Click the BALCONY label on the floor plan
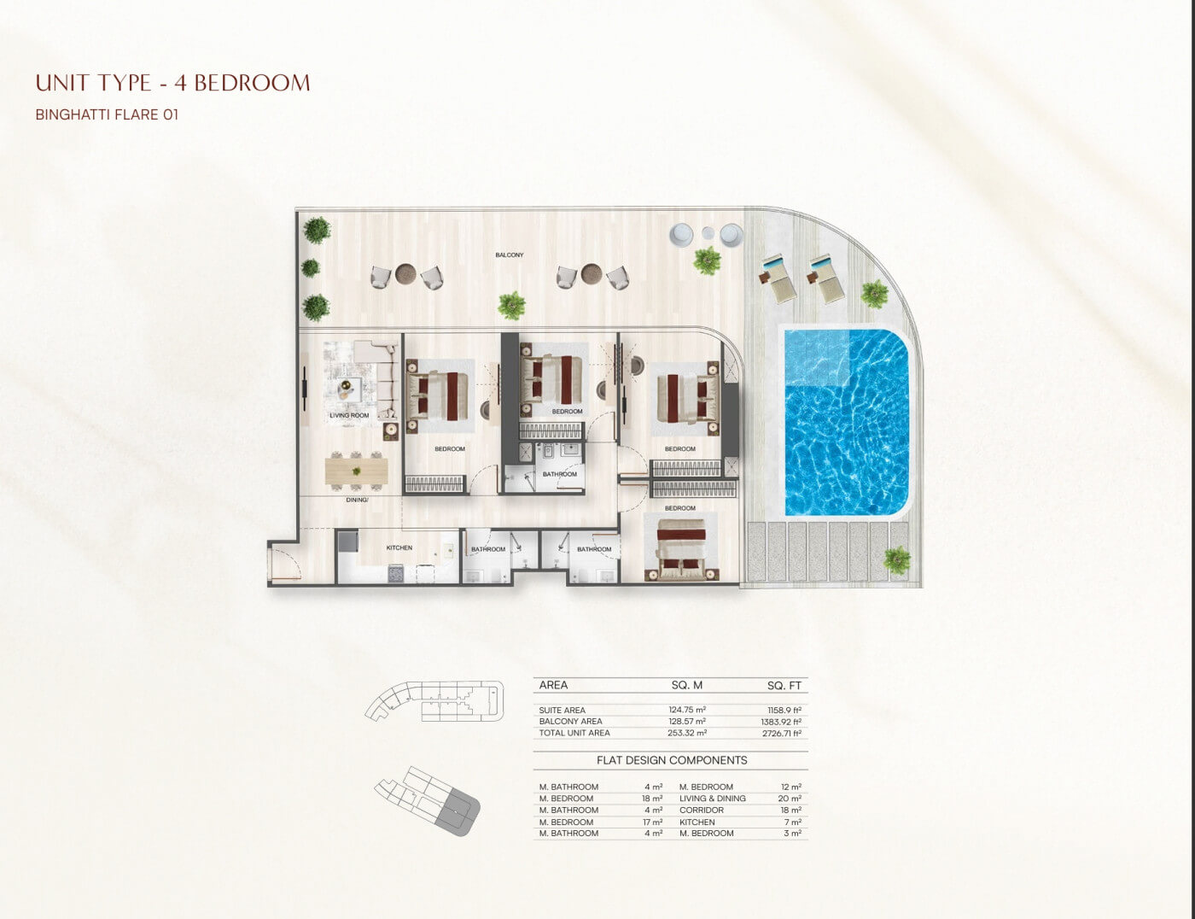click(x=510, y=255)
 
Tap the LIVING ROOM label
click(x=349, y=415)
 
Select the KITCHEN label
click(x=399, y=547)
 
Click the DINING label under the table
click(x=357, y=500)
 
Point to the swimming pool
click(x=847, y=423)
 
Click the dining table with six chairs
click(x=356, y=471)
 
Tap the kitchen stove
click(x=396, y=574)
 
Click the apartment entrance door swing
click(x=285, y=562)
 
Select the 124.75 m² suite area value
click(x=687, y=710)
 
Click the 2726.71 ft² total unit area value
click(x=782, y=733)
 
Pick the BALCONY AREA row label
click(x=570, y=721)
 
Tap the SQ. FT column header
click(x=784, y=686)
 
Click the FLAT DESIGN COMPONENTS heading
click(x=672, y=760)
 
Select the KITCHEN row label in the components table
click(x=697, y=822)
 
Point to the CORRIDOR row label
click(x=702, y=810)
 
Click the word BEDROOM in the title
click(x=253, y=83)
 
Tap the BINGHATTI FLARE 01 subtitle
click(x=107, y=115)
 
